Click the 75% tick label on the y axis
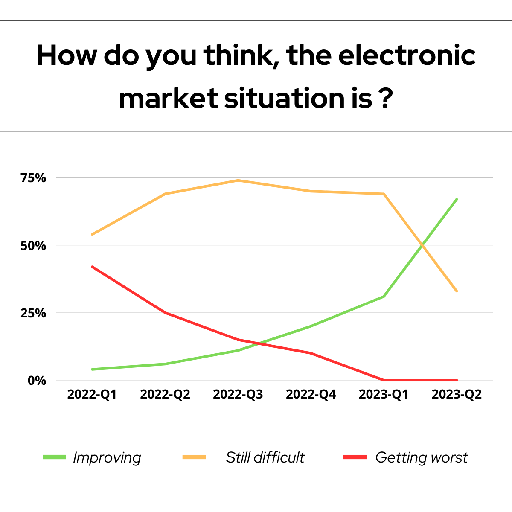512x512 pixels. pyautogui.click(x=33, y=178)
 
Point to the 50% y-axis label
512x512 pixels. pyautogui.click(x=33, y=246)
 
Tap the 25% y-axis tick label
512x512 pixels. pyautogui.click(x=33, y=313)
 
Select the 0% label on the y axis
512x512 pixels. pyautogui.click(x=37, y=381)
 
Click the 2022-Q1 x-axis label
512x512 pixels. pyautogui.click(x=92, y=394)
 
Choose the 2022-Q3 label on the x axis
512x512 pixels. pyautogui.click(x=238, y=394)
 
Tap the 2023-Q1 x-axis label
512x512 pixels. pyautogui.click(x=384, y=394)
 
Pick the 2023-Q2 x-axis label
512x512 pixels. pyautogui.click(x=457, y=394)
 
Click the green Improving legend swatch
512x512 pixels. pyautogui.click(x=55, y=457)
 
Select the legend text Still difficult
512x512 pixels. pyautogui.click(x=265, y=457)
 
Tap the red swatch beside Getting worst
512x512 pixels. pyautogui.click(x=355, y=457)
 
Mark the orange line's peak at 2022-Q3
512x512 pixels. pyautogui.click(x=238, y=180)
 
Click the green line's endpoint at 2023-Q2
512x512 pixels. pyautogui.click(x=457, y=199)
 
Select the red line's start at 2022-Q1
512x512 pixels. pyautogui.click(x=92, y=267)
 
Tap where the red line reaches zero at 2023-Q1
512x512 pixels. pyautogui.click(x=384, y=380)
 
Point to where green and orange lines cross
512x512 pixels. pyautogui.click(x=422, y=245)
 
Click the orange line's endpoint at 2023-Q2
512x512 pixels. pyautogui.click(x=457, y=291)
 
